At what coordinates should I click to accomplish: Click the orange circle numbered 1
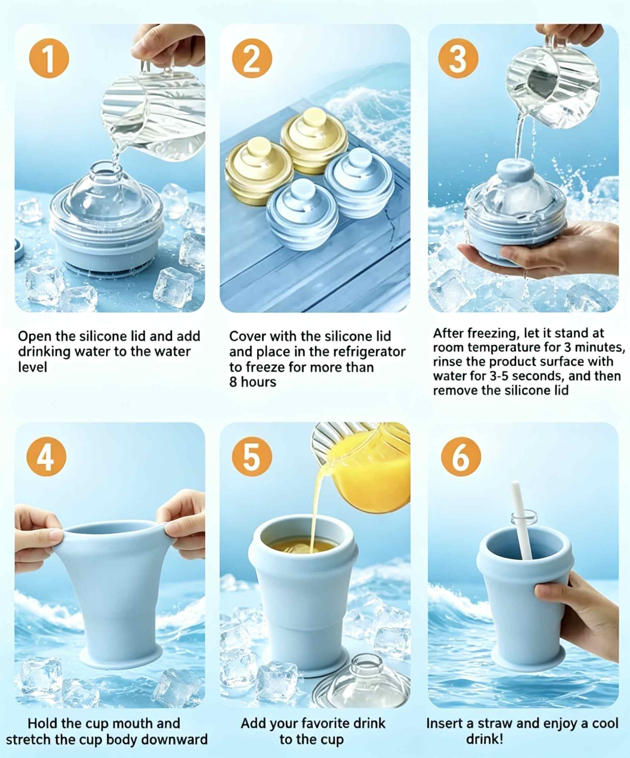pos(49,58)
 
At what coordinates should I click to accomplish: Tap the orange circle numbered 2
pos(252,58)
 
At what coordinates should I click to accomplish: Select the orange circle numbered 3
pos(458,58)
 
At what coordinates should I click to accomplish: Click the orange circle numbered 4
pos(47,456)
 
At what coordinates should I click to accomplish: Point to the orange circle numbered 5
pos(252,456)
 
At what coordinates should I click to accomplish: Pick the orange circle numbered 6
pos(461,456)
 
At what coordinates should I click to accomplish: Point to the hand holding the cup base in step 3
pos(549,253)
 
